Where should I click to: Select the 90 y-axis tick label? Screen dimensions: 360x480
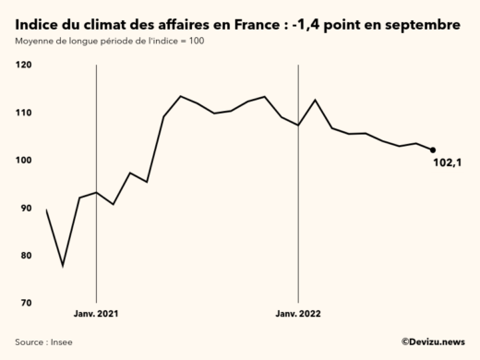(x=25, y=209)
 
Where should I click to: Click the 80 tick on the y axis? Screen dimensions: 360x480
(x=25, y=256)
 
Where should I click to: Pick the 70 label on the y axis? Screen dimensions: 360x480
(x=25, y=304)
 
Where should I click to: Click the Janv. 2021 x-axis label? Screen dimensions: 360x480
(x=97, y=315)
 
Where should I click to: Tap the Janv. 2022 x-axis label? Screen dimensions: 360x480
(x=298, y=315)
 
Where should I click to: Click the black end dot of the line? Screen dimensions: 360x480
(x=433, y=150)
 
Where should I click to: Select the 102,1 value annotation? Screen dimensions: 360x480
(x=448, y=164)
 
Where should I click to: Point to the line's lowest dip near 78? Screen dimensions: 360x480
(x=63, y=266)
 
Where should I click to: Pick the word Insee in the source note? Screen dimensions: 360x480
(x=61, y=342)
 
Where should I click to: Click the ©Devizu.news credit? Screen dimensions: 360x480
(x=432, y=342)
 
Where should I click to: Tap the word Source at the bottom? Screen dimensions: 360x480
(x=30, y=342)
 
